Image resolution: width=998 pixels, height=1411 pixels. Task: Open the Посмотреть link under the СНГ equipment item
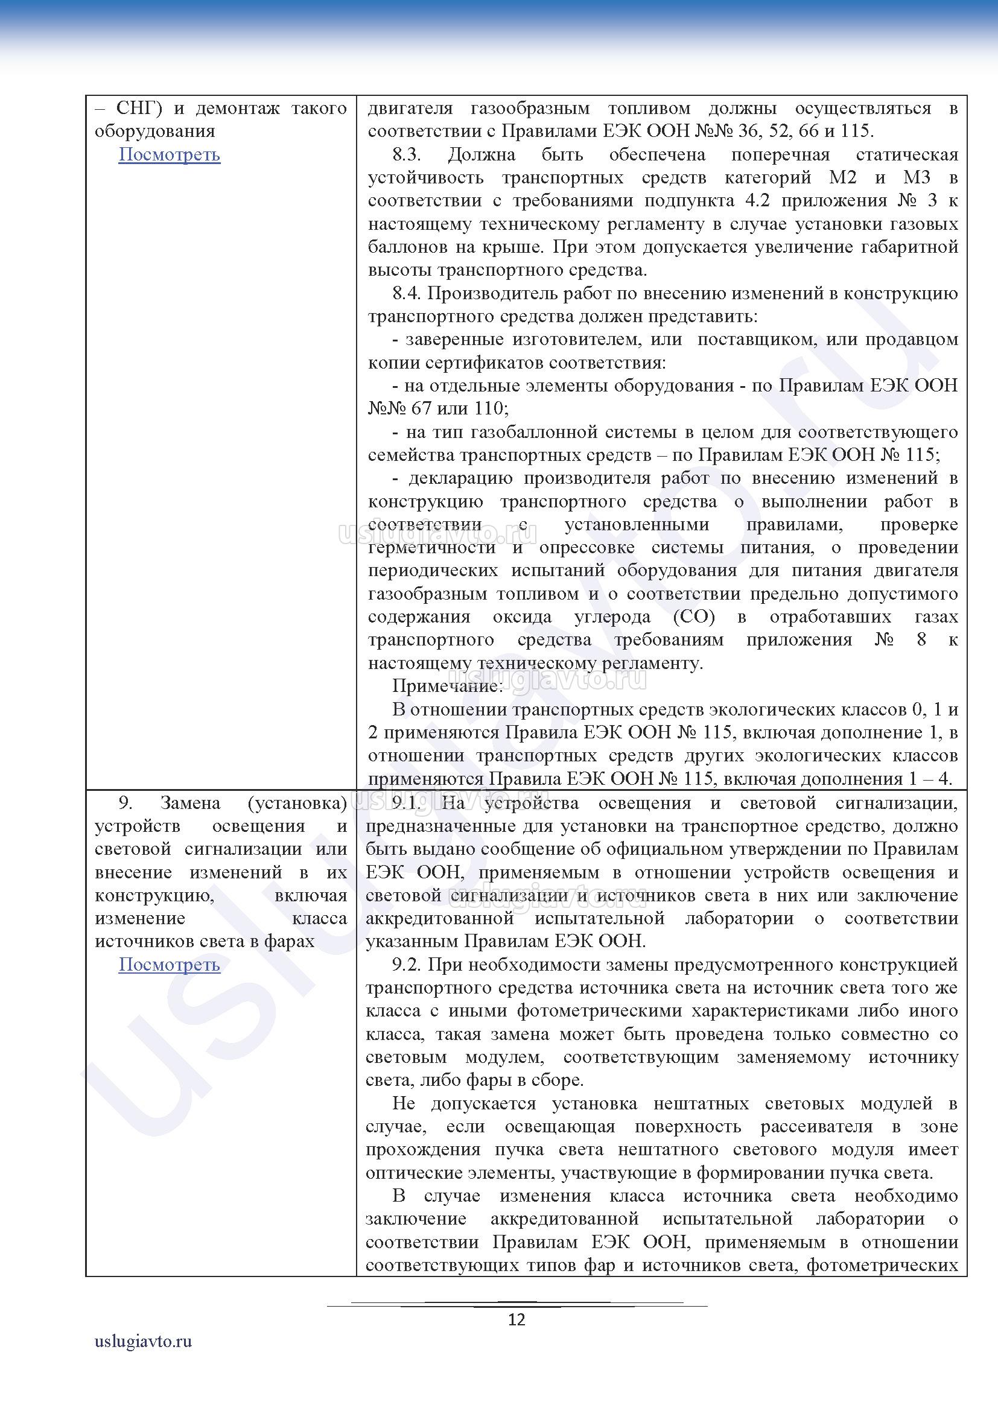169,154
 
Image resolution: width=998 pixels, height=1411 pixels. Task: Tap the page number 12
517,1319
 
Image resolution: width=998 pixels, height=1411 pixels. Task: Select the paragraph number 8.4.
407,293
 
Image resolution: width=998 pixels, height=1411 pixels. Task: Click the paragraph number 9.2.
407,964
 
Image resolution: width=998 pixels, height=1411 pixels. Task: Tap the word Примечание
447,686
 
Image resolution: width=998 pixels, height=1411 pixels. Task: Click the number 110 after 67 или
489,408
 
